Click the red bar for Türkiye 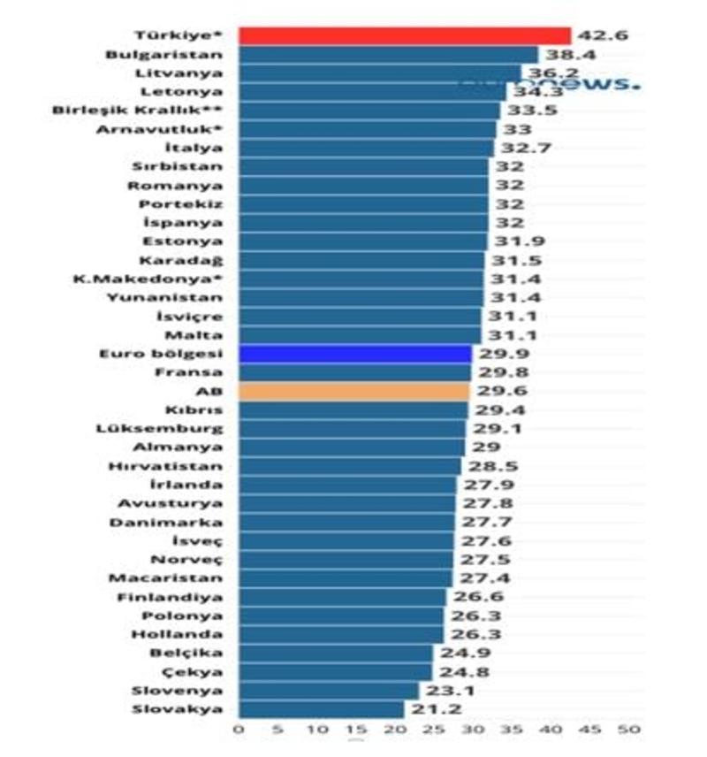[405, 35]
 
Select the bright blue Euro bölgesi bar [353, 354]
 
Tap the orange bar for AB [353, 391]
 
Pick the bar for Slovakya [321, 709]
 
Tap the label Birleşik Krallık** [137, 111]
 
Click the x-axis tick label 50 [629, 730]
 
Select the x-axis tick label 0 [239, 730]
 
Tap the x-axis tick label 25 [434, 730]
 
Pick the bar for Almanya [351, 447]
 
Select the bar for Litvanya [380, 73]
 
